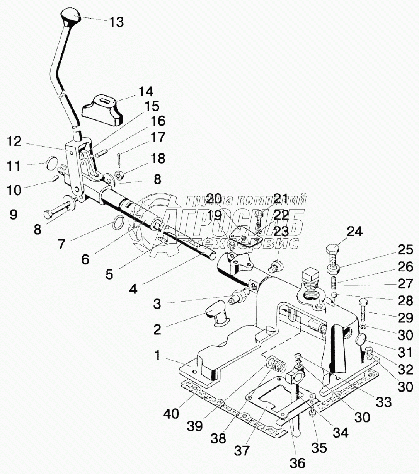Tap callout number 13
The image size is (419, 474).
pyautogui.click(x=116, y=22)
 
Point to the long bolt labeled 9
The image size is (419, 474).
pyautogui.click(x=58, y=208)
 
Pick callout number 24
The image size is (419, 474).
pyautogui.click(x=355, y=232)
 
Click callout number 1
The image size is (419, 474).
pyautogui.click(x=157, y=356)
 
